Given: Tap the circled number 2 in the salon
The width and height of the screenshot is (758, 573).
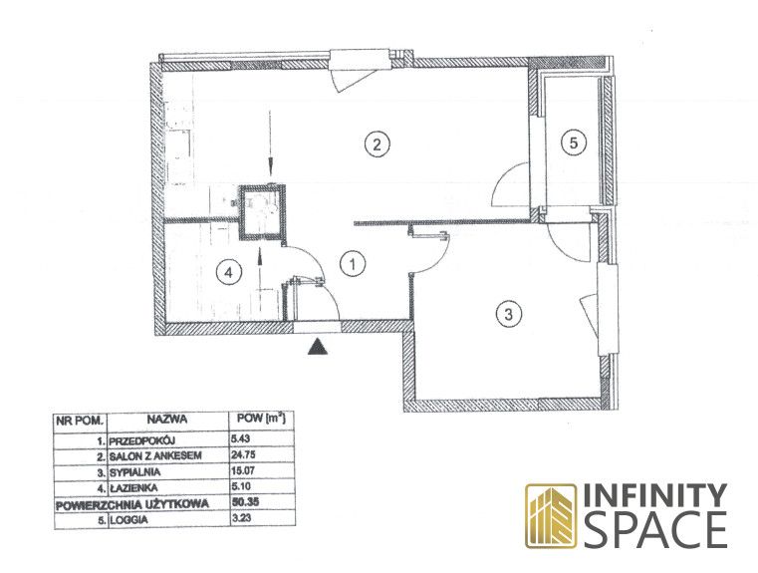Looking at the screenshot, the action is point(378,143).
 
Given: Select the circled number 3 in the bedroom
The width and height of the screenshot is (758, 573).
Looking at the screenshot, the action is point(509,314).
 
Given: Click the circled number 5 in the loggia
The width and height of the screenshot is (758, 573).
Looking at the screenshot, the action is point(574,143).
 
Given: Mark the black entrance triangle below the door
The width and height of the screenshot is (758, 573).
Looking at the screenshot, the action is point(318,346).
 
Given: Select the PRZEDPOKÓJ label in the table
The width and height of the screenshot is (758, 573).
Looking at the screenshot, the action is point(141,441).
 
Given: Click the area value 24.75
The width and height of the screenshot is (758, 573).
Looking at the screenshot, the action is point(244,454).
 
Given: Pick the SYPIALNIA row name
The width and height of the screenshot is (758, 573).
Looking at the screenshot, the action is point(134,472).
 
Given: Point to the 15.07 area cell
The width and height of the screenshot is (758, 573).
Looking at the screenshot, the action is point(243,470).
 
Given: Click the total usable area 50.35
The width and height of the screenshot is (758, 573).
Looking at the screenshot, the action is point(246,502).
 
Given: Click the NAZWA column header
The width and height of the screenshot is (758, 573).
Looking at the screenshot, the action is point(167,420).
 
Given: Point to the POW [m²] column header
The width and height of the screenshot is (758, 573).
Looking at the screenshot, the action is point(261,418).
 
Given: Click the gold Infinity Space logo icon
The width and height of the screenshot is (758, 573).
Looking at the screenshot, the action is point(551,516).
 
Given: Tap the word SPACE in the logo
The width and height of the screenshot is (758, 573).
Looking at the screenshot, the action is point(659,530).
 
